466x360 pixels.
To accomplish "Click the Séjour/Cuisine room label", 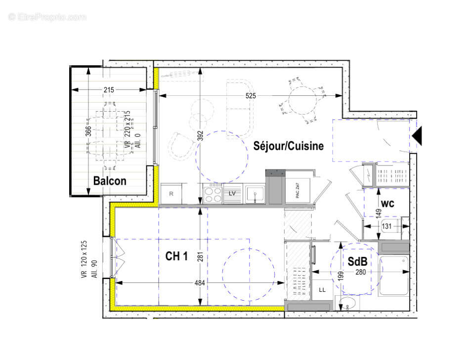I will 289,146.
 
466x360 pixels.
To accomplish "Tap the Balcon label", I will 110,181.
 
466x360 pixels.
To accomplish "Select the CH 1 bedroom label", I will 176,256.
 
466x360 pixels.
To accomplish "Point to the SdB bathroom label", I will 357,263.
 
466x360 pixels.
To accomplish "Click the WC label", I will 387,203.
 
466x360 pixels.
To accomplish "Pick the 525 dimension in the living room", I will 251,96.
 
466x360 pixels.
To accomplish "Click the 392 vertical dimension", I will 201,136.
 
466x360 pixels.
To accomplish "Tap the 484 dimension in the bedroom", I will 200,282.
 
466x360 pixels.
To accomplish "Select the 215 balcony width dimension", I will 109,90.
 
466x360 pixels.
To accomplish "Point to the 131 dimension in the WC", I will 387,226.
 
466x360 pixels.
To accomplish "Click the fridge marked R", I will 171,194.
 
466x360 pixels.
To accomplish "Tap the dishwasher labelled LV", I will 232,194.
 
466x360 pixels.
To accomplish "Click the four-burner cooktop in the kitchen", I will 213,193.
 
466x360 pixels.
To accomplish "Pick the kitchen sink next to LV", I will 254,194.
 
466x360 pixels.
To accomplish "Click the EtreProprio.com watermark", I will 47,17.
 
